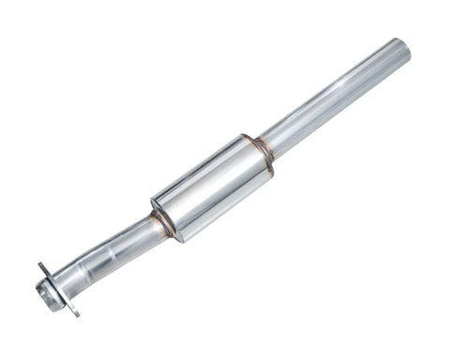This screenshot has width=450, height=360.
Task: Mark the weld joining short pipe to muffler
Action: click(161, 223)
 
